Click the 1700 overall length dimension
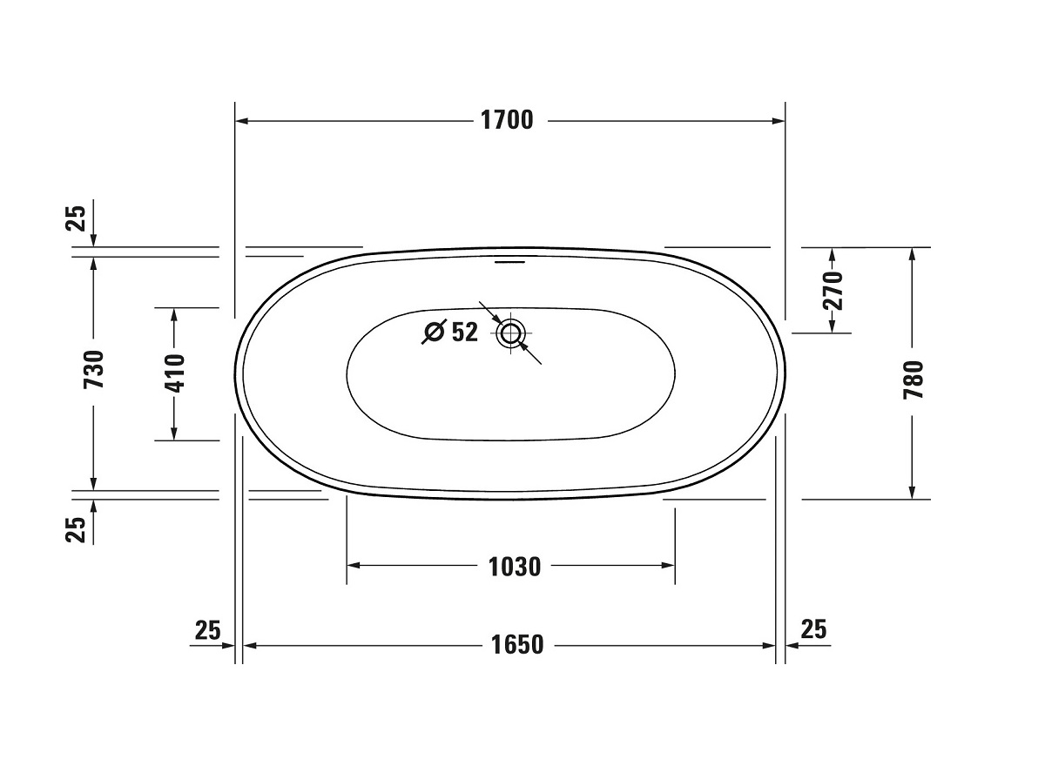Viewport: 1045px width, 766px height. pyautogui.click(x=507, y=120)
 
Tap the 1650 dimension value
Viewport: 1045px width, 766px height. pyautogui.click(x=517, y=645)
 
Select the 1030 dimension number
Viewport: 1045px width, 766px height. pyautogui.click(x=515, y=567)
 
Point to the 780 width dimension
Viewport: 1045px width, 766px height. pyautogui.click(x=913, y=380)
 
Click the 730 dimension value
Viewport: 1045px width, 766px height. pyautogui.click(x=93, y=370)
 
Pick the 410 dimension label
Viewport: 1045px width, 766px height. pyautogui.click(x=175, y=373)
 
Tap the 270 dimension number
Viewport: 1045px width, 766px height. pyautogui.click(x=833, y=291)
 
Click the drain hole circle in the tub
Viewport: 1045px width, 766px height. pyautogui.click(x=511, y=333)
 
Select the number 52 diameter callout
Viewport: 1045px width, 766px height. pyautogui.click(x=465, y=332)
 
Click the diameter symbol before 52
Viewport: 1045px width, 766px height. pyautogui.click(x=435, y=332)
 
